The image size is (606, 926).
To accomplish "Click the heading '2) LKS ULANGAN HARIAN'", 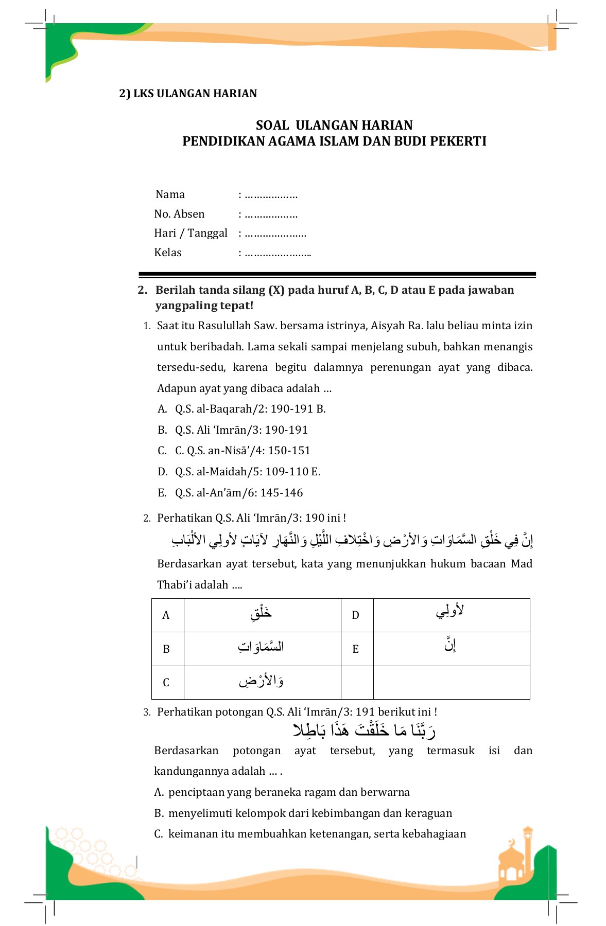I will click(x=188, y=94).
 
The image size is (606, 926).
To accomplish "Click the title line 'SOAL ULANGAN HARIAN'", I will click(x=334, y=125).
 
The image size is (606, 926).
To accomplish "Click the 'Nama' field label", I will click(x=170, y=194).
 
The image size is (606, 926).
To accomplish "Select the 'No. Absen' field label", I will click(x=179, y=214).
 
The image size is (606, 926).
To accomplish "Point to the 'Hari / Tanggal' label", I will click(x=191, y=233).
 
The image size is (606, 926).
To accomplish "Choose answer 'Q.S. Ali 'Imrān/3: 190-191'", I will click(x=241, y=430).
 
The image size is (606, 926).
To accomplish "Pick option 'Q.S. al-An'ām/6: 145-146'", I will click(x=239, y=493).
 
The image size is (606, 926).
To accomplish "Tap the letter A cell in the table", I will click(x=166, y=615).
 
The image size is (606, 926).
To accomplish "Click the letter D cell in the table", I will click(x=355, y=615).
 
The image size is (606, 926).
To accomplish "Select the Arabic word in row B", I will click(x=261, y=647).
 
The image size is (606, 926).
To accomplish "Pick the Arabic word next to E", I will click(x=451, y=645).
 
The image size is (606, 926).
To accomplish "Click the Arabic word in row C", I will click(x=261, y=681).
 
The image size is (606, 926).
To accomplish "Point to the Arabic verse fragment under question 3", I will click(x=365, y=730).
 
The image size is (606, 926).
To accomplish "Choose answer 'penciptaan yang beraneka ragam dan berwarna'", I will click(x=288, y=792).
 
